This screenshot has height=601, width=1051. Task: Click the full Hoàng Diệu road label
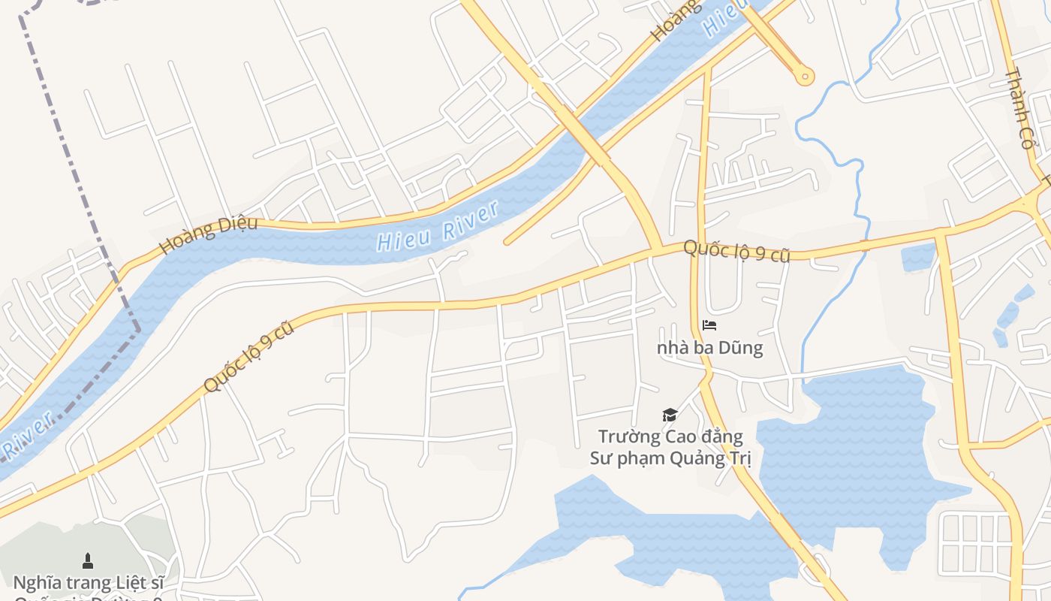click(209, 234)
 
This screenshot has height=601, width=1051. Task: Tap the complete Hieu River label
click(438, 226)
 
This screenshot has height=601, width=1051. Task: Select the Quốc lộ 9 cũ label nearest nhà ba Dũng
click(736, 251)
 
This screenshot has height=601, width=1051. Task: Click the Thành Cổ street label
click(1021, 109)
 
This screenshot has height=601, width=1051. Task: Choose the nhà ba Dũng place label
click(709, 348)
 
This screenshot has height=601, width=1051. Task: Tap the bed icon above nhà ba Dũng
click(709, 325)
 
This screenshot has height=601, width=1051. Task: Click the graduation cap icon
click(670, 415)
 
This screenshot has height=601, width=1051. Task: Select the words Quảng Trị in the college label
click(720, 458)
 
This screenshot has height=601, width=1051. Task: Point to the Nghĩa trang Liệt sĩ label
click(88, 582)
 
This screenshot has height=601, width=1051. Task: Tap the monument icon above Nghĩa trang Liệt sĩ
click(88, 560)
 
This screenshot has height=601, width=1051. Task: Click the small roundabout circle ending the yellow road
click(805, 75)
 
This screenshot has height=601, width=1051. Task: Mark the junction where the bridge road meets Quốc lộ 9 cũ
click(658, 250)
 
